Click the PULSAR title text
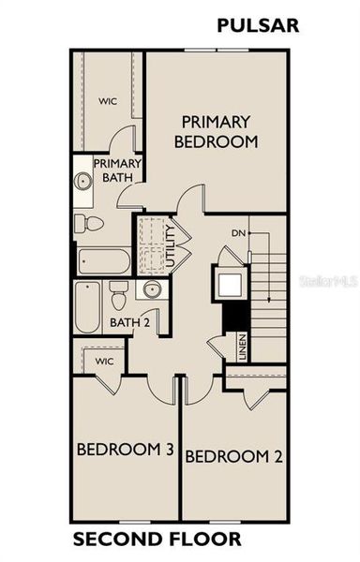tap(258, 25)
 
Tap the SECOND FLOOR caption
tap(157, 539)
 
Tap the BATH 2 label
tap(129, 323)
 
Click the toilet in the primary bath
tap(90, 223)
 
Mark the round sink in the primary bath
tap(82, 180)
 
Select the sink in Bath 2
tap(151, 290)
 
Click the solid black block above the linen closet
tap(228, 318)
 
